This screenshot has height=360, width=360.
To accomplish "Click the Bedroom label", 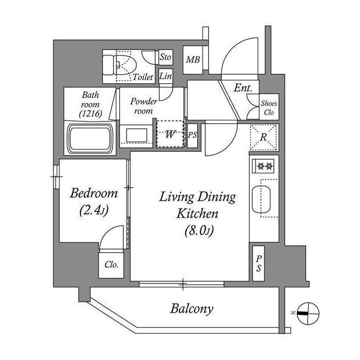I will click(93, 194).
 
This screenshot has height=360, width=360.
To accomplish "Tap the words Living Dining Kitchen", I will click(197, 205).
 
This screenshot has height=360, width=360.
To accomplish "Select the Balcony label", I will click(192, 308).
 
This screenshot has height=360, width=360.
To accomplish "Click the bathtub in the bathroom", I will click(91, 137).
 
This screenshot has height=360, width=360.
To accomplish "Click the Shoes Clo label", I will click(268, 107).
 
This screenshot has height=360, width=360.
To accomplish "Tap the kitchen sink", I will click(262, 199).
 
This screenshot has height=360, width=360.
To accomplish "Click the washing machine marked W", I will click(169, 134).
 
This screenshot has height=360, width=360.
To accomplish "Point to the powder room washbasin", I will click(135, 136).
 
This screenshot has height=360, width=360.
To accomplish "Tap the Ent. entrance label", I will click(243, 88).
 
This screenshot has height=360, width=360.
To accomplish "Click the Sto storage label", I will click(165, 57).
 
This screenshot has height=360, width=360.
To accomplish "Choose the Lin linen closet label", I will click(165, 76).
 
